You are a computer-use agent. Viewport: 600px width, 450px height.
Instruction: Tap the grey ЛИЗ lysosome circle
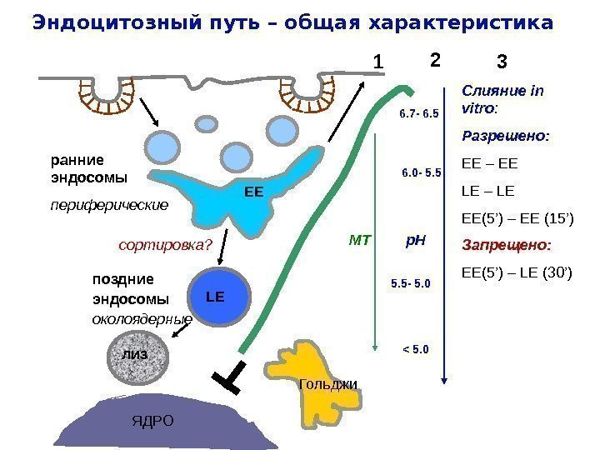coord(136,355)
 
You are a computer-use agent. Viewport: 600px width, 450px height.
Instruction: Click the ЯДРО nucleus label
coord(153,420)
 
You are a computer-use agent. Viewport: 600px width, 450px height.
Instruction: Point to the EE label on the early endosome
coord(253,192)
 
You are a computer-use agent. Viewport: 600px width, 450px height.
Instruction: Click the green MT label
coord(359,242)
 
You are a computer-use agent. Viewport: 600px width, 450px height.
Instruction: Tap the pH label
coord(415,241)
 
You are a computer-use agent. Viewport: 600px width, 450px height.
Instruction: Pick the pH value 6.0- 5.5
coord(421,173)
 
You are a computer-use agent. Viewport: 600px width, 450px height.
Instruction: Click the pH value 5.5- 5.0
coord(411,284)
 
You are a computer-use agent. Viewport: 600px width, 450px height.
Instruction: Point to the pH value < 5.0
coord(415,348)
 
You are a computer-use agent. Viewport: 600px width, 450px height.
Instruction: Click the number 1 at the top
coord(377,62)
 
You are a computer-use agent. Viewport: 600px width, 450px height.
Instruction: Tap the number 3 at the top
coord(502,62)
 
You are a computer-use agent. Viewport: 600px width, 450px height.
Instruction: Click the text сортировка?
coord(166,245)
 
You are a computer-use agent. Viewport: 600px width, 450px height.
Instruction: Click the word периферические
coord(109,203)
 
